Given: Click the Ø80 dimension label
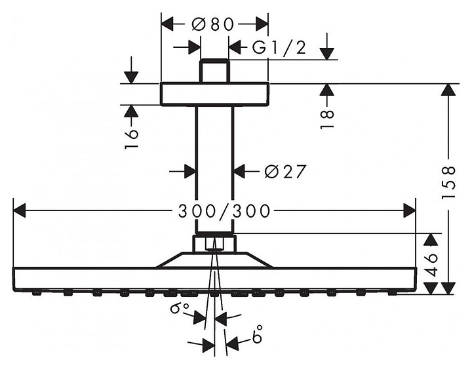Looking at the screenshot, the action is (213, 24).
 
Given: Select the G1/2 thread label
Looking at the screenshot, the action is (279, 48).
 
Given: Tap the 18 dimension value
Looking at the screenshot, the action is (327, 119).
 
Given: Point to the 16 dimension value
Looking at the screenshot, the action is (132, 138).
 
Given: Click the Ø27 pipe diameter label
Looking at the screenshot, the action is (285, 172).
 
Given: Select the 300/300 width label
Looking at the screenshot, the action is (224, 211).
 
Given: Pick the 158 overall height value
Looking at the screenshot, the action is (448, 182).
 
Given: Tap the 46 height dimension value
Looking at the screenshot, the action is (432, 265).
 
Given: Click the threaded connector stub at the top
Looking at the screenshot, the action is (214, 71).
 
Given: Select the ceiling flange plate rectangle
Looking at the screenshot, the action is (214, 94).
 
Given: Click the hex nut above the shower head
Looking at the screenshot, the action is (214, 243).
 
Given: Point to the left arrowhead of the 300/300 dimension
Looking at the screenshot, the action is (20, 210).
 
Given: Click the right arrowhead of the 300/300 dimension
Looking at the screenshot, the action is (409, 210).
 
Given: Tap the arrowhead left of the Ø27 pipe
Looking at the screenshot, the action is (190, 172).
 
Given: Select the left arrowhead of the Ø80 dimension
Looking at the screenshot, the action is (167, 24).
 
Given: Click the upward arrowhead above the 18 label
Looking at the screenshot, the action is (327, 90).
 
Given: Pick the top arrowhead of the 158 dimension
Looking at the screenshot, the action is (448, 90).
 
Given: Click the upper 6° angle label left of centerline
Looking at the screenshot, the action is (180, 308).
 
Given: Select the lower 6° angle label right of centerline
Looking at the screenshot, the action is (258, 334).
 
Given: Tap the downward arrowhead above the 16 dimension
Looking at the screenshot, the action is (131, 77).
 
